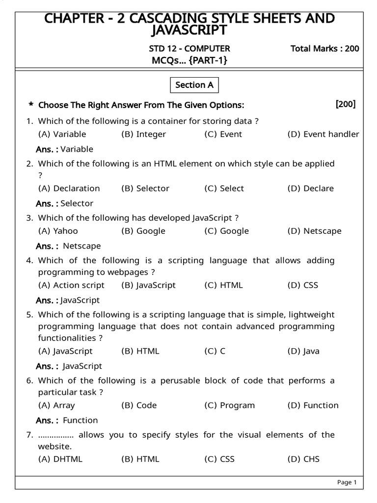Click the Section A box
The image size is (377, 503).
[x=194, y=85]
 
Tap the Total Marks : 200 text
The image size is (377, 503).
[x=324, y=49]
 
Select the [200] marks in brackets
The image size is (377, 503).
[x=346, y=104]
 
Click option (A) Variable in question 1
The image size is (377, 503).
[x=62, y=134]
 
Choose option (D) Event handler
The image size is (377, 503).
[x=323, y=134]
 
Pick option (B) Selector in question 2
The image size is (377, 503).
[x=145, y=188]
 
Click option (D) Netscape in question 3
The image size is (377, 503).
[x=314, y=231]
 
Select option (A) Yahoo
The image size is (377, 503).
[x=58, y=231]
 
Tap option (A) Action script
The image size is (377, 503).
[x=71, y=285]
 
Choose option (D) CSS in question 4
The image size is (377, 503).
[x=302, y=285]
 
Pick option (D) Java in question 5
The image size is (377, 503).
[x=303, y=351]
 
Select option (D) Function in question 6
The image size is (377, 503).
[x=313, y=405]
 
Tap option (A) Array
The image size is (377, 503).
[x=56, y=405]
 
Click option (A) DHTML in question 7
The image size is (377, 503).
[x=60, y=459]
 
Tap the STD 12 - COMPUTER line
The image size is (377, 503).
[x=189, y=49]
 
